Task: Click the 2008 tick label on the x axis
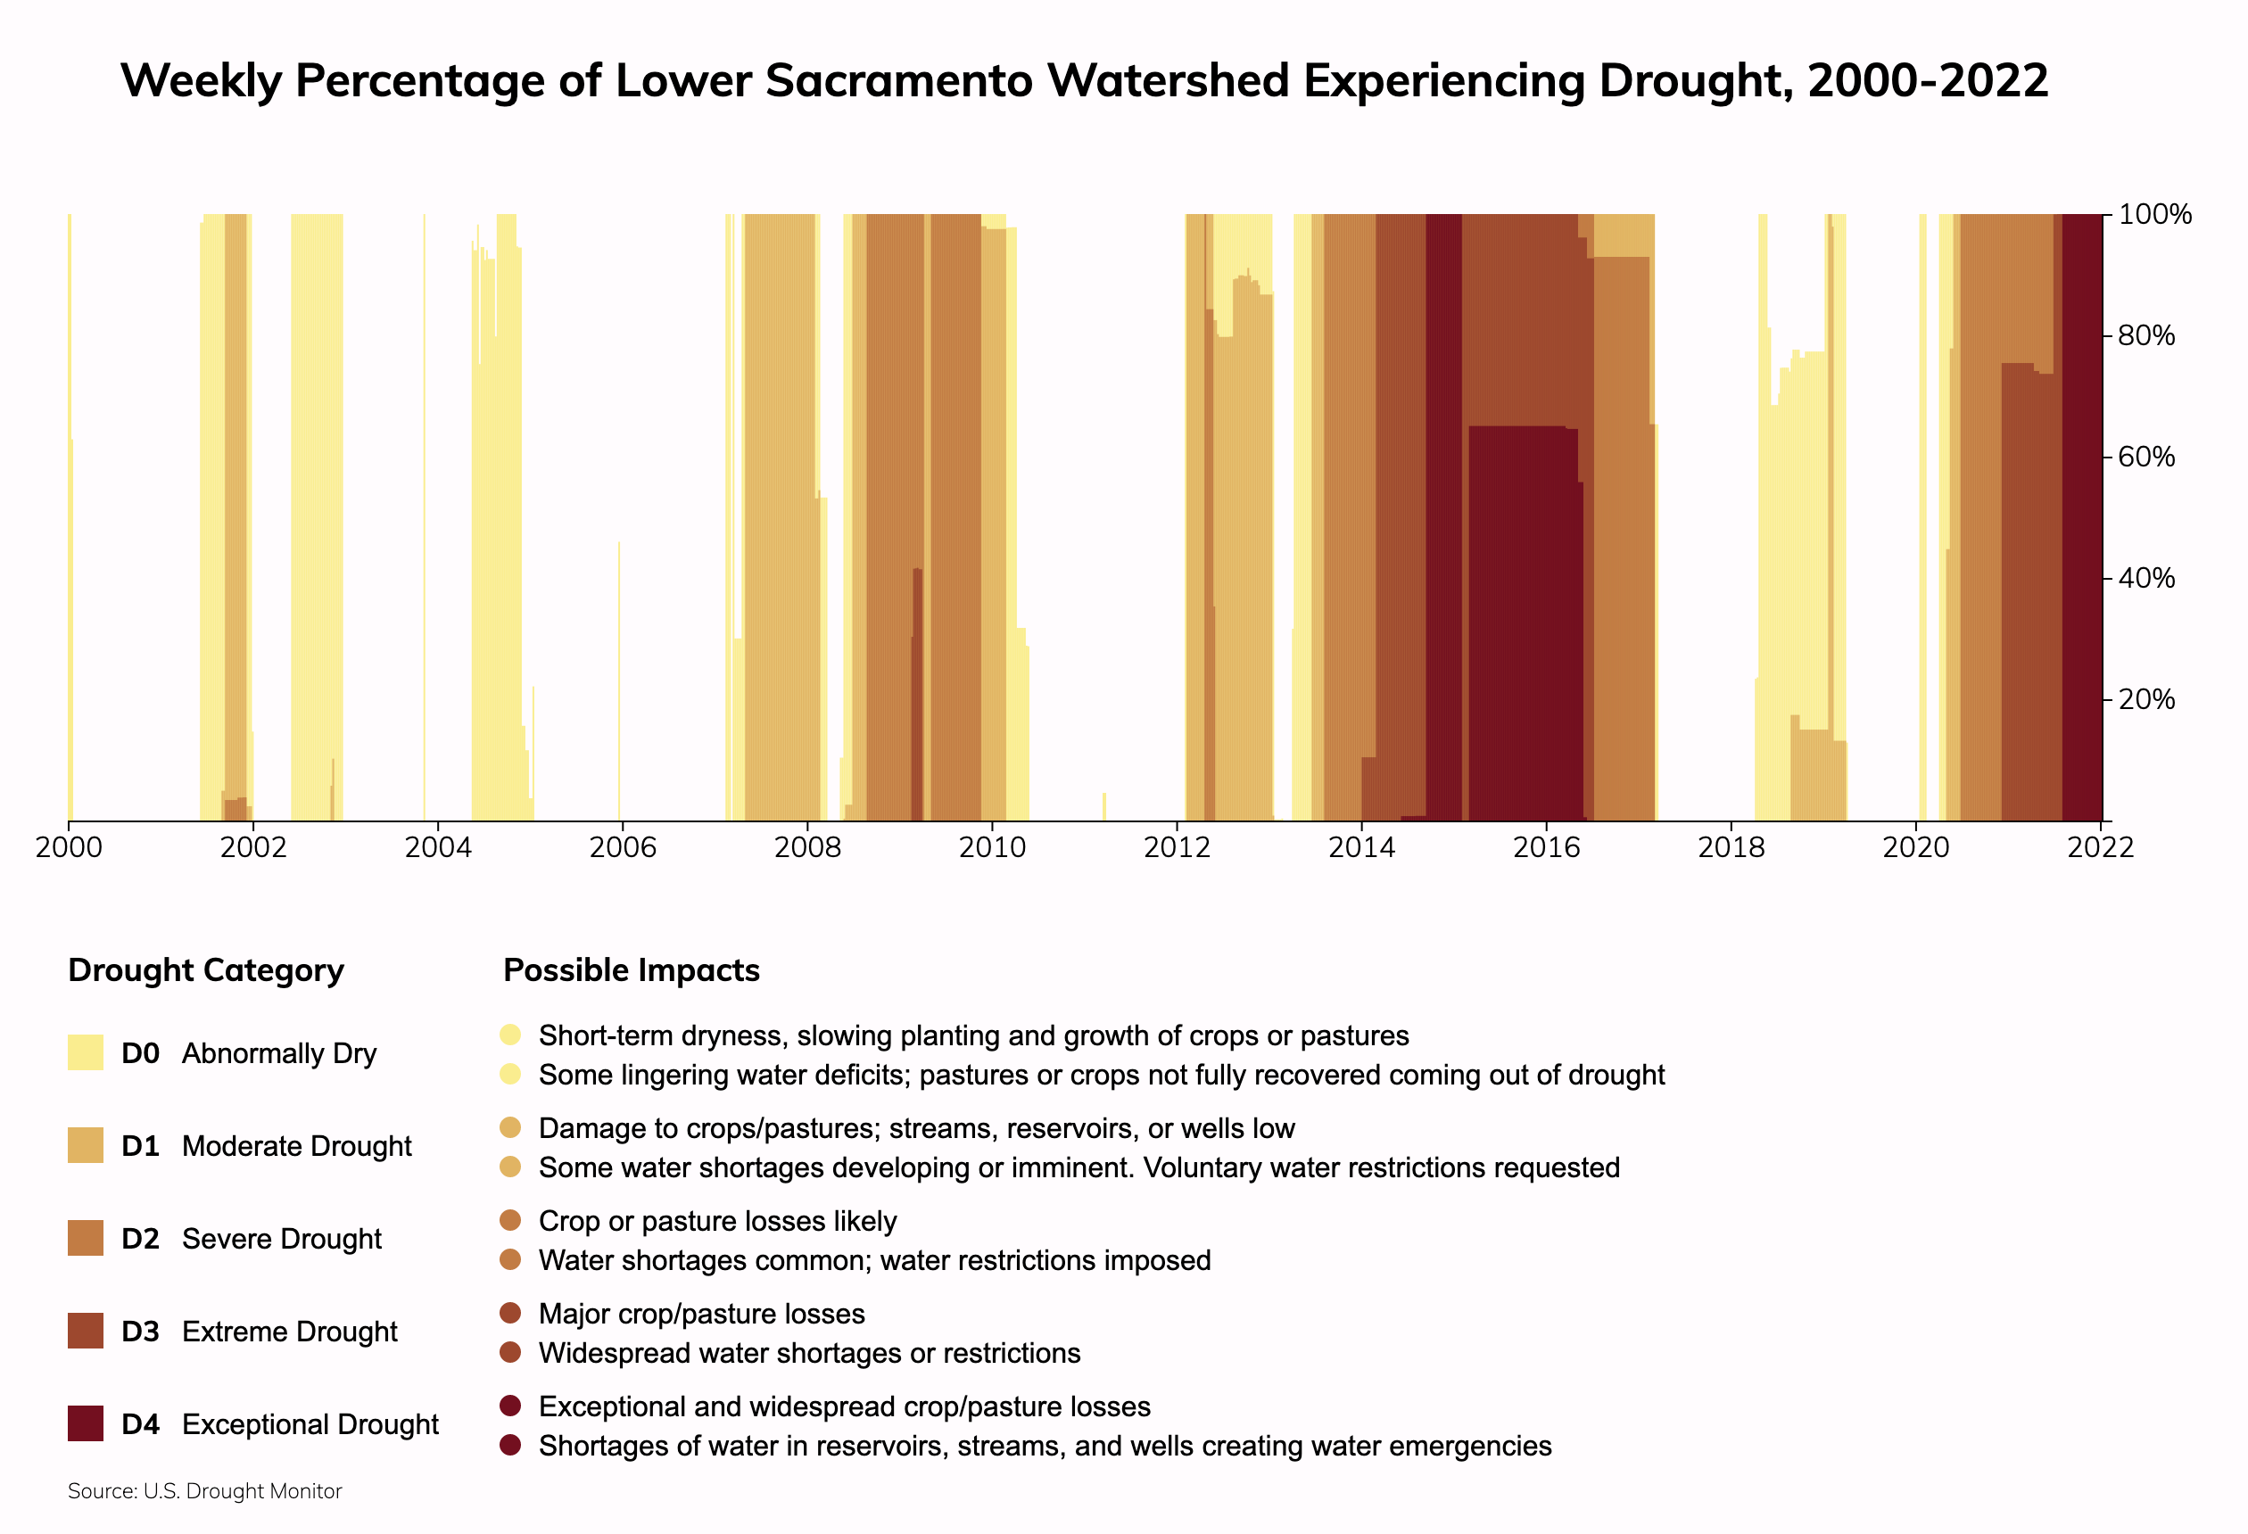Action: [x=806, y=848]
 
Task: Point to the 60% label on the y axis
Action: [x=2145, y=457]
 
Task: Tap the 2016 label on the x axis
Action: [x=1546, y=848]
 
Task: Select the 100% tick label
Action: [x=2154, y=215]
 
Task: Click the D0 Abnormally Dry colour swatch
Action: [x=85, y=1052]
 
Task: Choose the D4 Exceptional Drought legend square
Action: [x=85, y=1423]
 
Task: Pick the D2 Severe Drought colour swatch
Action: [x=85, y=1238]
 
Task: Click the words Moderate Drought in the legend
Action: [x=296, y=1146]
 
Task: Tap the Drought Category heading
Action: [x=206, y=970]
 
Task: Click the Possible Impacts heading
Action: [x=632, y=970]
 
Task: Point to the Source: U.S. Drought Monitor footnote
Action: [x=205, y=1490]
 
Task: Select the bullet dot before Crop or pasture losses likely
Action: [x=511, y=1221]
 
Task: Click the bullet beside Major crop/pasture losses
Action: [x=511, y=1314]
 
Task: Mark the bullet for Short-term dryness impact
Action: [x=511, y=1035]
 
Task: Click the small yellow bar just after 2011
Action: [x=1103, y=806]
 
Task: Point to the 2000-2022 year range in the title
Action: [x=1927, y=80]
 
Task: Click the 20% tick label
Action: [x=2145, y=699]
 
